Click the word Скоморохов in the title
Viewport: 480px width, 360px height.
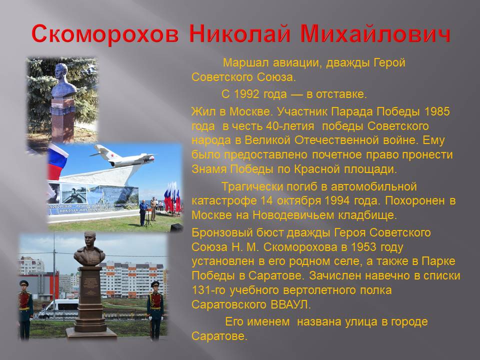pos(104,33)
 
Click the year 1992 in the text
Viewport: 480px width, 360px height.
pos(246,94)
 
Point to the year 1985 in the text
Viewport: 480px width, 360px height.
pos(437,111)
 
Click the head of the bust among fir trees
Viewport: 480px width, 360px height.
pos(62,73)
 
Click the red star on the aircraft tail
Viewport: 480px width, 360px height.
pos(112,155)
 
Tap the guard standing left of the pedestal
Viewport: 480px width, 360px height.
pos(25,309)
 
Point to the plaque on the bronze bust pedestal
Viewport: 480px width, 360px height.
pos(90,286)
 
